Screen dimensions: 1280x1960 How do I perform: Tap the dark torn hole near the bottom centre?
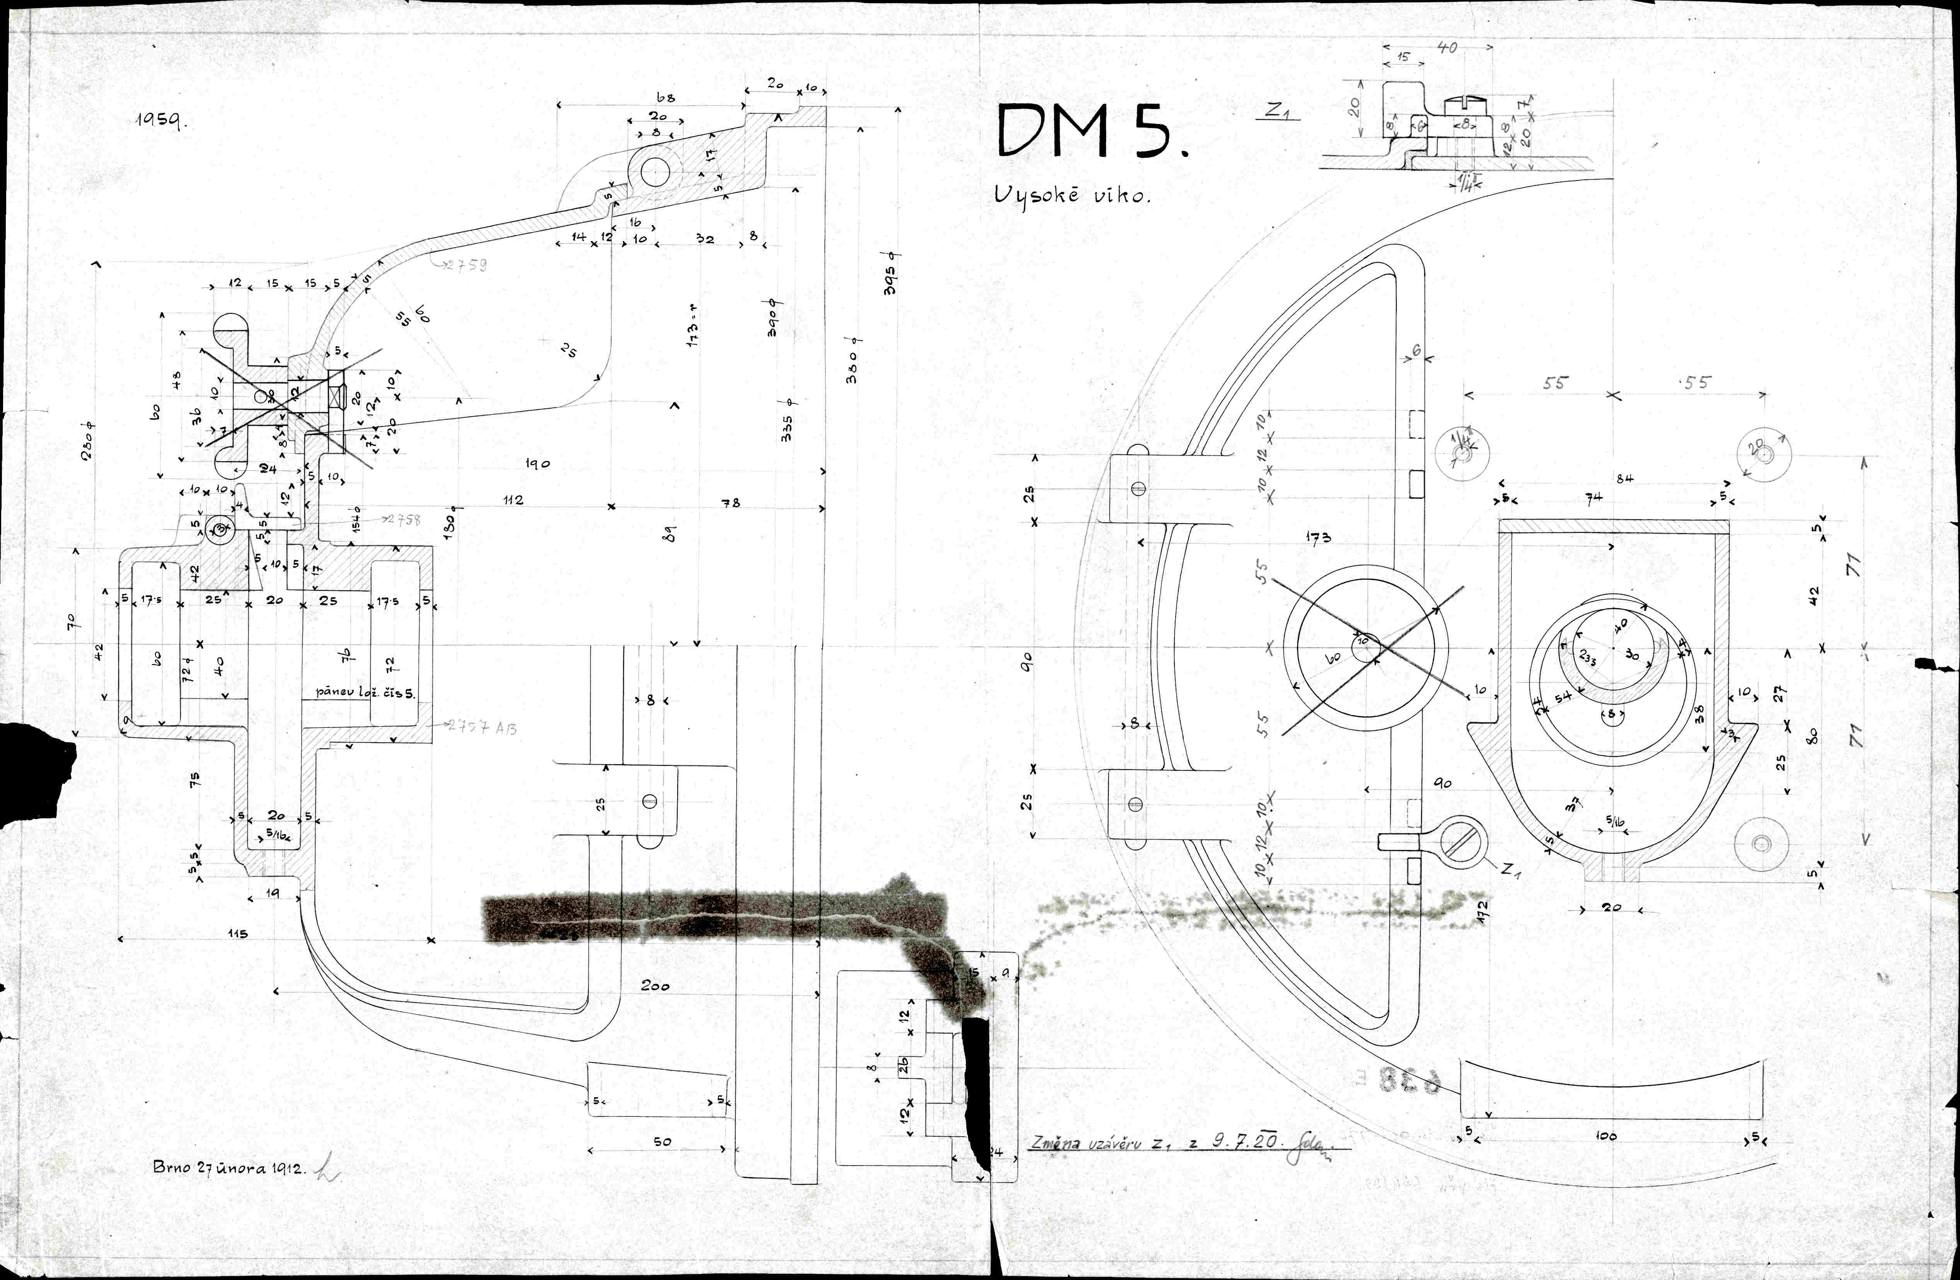pos(978,1086)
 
